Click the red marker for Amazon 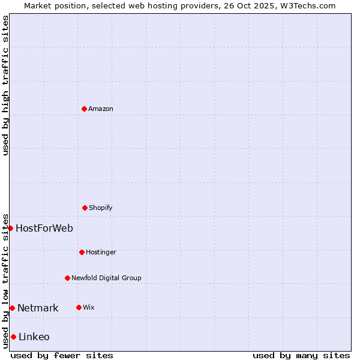click(84, 109)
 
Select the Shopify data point click(85, 208)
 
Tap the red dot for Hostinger click(82, 252)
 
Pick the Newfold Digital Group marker click(67, 278)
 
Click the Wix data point click(79, 307)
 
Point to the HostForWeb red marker click(10, 228)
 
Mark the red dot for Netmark click(12, 308)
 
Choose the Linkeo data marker click(13, 337)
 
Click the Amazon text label click(101, 109)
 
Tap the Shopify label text click(101, 208)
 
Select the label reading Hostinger click(101, 252)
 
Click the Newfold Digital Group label click(106, 278)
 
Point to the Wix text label click(89, 307)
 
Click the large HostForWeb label click(44, 228)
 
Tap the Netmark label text click(38, 308)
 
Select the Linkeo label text click(34, 337)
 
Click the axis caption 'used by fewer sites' click(62, 355)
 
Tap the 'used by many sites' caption click(301, 355)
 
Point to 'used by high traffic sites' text click(5, 85)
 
